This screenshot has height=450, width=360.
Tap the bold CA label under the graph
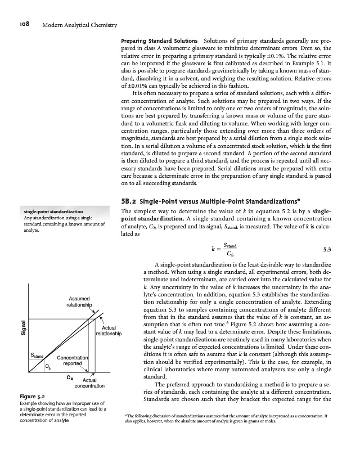tap(70, 377)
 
